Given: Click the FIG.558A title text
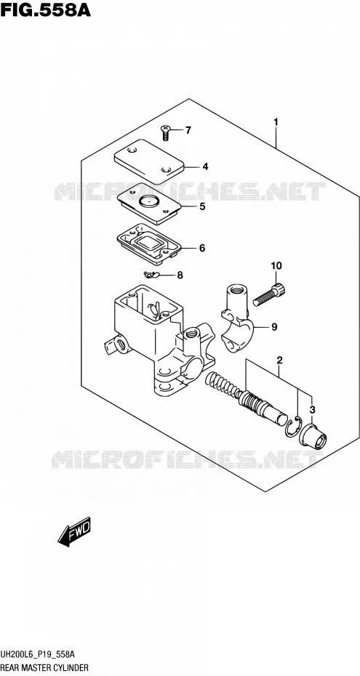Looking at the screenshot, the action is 46,9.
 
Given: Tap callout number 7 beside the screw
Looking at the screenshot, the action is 188,130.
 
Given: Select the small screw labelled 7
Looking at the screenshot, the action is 165,132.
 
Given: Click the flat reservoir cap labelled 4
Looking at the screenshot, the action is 149,161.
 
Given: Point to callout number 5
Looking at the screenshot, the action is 202,206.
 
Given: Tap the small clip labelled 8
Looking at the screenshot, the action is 152,274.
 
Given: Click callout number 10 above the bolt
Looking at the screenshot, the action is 276,265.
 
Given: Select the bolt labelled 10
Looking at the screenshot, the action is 268,294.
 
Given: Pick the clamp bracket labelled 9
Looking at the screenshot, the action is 239,318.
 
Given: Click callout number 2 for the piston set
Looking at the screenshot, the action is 279,360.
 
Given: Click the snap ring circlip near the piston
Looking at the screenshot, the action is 294,427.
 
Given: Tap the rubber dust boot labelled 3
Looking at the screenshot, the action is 314,437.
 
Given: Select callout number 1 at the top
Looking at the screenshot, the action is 276,122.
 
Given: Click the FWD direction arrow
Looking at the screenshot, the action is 74,532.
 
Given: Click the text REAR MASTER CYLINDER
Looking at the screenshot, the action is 44,667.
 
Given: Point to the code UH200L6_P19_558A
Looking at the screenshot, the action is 38,654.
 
